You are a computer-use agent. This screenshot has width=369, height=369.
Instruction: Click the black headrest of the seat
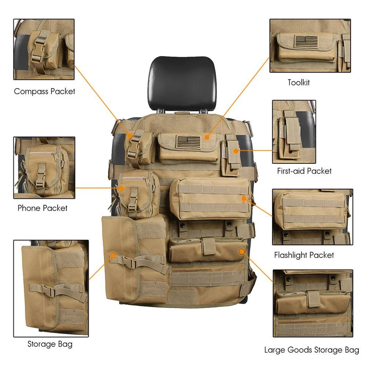[x=182, y=83]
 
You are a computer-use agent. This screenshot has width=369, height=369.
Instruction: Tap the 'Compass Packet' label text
[x=44, y=91]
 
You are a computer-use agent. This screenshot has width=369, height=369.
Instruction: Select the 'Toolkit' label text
[x=298, y=83]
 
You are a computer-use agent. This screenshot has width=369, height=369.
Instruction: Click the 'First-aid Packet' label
[x=304, y=171]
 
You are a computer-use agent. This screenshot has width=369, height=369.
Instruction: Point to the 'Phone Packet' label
[x=42, y=208]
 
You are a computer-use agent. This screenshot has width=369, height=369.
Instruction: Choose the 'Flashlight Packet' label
[x=304, y=255]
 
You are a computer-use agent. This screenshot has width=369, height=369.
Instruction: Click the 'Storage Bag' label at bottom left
[x=50, y=344]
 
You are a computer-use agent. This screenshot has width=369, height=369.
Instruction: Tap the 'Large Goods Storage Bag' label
[x=311, y=350]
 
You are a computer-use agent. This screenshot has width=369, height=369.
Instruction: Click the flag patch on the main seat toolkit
[x=188, y=142]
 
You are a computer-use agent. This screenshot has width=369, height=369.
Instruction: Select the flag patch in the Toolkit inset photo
[x=307, y=42]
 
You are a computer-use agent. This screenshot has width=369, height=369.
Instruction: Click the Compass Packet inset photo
[x=44, y=49]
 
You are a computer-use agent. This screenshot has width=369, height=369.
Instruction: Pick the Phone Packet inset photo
[x=44, y=167]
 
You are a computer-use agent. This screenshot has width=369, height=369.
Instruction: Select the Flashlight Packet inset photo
[x=312, y=216]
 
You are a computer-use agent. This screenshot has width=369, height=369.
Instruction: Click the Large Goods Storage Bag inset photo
[x=313, y=303]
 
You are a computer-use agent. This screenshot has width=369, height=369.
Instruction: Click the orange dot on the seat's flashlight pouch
[x=244, y=198]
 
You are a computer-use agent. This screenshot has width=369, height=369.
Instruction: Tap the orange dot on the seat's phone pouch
[x=122, y=188]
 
